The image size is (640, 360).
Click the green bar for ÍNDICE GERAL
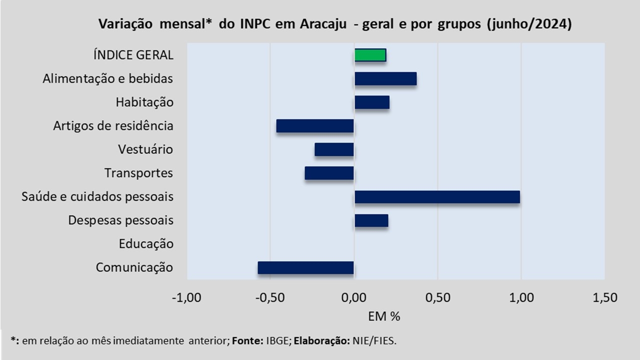click(x=370, y=55)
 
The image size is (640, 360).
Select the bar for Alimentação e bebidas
click(x=385, y=79)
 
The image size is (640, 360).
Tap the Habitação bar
click(x=371, y=102)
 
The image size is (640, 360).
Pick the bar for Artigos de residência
click(x=315, y=126)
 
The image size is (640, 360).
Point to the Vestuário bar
click(x=334, y=149)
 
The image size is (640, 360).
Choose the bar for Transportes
click(x=329, y=173)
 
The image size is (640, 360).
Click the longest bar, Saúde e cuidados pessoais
click(x=437, y=197)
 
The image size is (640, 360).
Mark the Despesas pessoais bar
click(x=371, y=220)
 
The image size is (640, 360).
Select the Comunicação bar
click(x=305, y=267)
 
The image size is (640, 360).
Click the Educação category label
click(x=146, y=244)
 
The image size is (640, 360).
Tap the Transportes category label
click(x=138, y=173)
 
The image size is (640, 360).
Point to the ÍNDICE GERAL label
click(x=133, y=55)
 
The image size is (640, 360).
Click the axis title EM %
click(x=384, y=316)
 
